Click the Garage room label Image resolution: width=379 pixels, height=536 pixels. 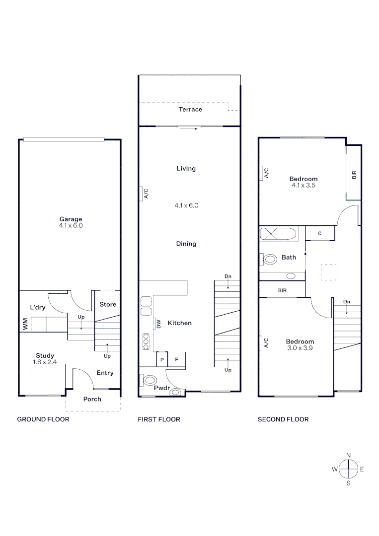71,219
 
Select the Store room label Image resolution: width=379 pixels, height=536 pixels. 108,304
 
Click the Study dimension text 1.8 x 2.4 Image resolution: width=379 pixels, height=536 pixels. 45,362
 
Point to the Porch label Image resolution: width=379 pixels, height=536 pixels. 92,399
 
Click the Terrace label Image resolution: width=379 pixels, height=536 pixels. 190,109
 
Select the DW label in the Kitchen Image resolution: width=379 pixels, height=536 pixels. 158,324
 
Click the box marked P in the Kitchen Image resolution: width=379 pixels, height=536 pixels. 162,359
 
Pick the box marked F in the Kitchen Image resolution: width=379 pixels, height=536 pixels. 176,359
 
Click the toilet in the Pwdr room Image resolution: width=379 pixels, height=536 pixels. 150,381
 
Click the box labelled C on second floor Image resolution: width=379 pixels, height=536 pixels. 320,233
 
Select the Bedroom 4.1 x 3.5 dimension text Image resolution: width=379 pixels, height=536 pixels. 303,186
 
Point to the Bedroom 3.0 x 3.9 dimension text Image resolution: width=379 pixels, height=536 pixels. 300,348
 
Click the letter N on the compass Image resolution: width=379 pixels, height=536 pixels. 348,455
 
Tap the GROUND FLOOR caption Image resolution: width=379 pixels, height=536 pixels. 43,419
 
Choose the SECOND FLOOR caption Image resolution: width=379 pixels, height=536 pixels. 283,419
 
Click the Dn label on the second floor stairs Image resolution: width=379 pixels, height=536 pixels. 346,301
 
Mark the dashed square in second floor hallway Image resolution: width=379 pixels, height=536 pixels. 328,272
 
